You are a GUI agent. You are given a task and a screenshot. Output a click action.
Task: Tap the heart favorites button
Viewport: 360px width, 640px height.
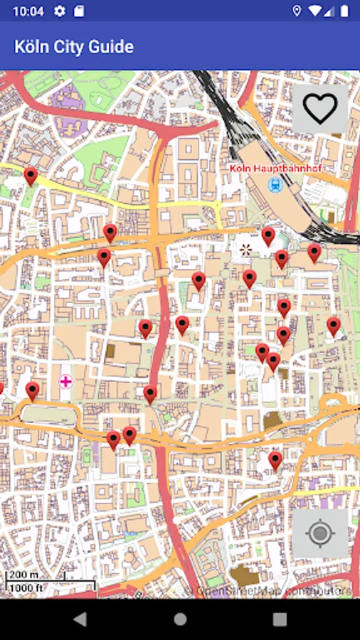[320, 109]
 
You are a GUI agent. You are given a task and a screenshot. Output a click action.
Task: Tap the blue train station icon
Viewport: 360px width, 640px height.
[275, 185]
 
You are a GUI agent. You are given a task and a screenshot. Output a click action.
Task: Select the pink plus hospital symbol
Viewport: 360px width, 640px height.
[65, 382]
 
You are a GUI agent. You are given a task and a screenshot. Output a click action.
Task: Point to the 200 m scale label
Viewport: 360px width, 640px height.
[23, 575]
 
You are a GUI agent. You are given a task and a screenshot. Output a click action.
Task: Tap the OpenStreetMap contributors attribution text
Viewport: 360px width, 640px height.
[274, 591]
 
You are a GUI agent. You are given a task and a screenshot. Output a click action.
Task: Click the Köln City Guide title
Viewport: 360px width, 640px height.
[74, 47]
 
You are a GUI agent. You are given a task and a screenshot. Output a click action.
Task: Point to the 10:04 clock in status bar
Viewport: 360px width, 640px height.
[28, 11]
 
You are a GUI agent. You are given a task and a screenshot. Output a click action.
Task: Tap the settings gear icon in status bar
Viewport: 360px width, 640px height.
[60, 11]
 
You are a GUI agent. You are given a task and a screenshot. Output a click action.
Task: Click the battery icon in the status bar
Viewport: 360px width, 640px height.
[345, 11]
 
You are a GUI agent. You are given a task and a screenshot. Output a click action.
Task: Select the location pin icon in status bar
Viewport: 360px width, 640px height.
[297, 11]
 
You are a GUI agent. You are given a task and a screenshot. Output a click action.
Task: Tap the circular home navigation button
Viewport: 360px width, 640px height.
[180, 619]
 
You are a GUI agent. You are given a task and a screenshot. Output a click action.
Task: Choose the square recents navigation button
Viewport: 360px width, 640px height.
[280, 619]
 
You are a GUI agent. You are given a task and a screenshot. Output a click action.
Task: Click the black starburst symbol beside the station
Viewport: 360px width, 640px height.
[246, 249]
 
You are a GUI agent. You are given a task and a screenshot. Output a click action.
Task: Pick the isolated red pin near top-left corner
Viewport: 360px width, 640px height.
[30, 176]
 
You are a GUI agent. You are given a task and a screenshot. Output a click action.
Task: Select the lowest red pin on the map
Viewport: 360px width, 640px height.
[275, 461]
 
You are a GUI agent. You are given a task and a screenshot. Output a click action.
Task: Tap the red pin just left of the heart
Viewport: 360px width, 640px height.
[268, 236]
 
